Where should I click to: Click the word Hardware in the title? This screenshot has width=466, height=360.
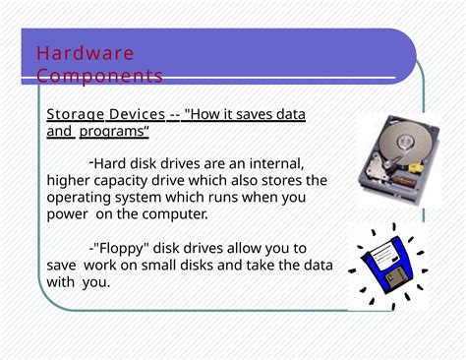pos(85,53)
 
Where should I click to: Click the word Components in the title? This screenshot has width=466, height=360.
pos(99,76)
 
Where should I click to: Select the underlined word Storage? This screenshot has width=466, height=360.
pos(75,115)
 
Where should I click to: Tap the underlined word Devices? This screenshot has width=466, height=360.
pos(137,115)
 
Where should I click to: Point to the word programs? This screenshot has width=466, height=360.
pos(113,131)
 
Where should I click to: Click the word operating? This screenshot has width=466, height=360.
pos(81,197)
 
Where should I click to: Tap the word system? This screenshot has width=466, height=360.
pos(146,197)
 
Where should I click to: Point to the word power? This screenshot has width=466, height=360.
pos(67,213)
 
